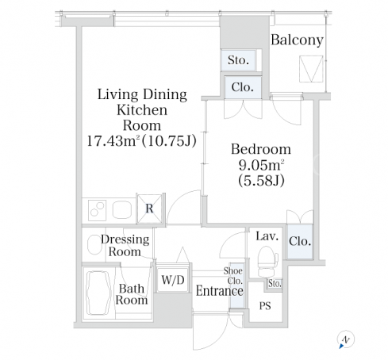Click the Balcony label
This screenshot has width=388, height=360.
[x=297, y=40]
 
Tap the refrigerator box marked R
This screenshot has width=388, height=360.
[x=149, y=209]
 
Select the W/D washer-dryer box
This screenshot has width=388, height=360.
[x=173, y=280]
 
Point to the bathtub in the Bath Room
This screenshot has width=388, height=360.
[x=98, y=293]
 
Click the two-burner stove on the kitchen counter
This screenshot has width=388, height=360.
[x=97, y=210]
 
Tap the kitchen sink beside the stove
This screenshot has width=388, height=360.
[x=122, y=210]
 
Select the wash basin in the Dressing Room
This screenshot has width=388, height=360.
[x=94, y=245]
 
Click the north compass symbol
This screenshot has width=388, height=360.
[x=345, y=339]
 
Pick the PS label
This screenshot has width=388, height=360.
[x=265, y=306]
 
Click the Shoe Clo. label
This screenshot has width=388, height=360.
[x=233, y=276]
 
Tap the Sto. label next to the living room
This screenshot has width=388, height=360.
[x=238, y=60]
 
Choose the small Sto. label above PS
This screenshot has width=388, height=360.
[x=275, y=284]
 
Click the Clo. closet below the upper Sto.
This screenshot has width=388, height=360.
[x=243, y=87]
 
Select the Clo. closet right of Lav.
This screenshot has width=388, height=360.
[x=300, y=242]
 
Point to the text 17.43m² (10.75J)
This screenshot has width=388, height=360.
[x=142, y=141]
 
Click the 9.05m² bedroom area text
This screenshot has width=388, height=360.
[x=261, y=165]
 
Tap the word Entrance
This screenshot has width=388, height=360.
[x=219, y=291]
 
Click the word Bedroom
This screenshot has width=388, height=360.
[x=261, y=149]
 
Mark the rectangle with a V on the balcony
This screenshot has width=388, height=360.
[x=311, y=69]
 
